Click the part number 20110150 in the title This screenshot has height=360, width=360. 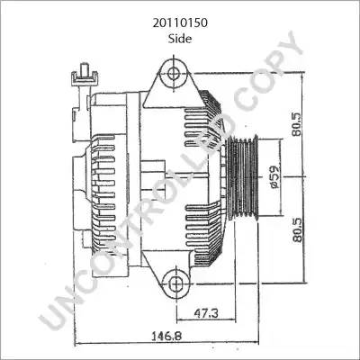coord(180,23)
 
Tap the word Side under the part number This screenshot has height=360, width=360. coord(180,39)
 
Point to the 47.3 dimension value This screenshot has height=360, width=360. coord(206,313)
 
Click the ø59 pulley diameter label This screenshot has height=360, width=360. coord(274,176)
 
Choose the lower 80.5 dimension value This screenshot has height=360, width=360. coord(298,229)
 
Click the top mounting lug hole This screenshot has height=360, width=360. coord(174,73)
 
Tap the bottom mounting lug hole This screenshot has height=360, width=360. coord(175,283)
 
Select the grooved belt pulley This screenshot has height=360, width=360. coord(243,177)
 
